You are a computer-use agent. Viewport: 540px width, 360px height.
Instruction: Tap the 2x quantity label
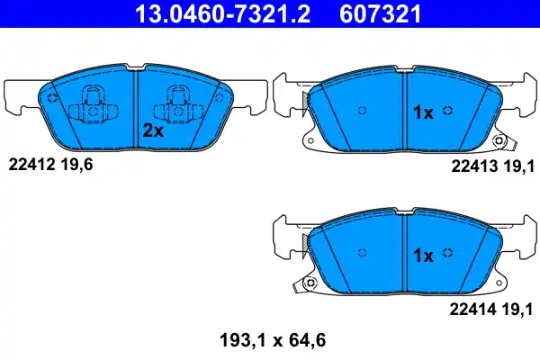click(x=152, y=130)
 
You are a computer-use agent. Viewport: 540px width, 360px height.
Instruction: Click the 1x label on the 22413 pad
click(x=423, y=112)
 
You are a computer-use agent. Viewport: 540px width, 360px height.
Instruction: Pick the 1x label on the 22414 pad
click(x=423, y=256)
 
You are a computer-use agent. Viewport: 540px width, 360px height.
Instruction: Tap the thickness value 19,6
click(x=77, y=164)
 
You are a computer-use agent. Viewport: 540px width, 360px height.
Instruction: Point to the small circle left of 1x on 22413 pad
click(x=361, y=111)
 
